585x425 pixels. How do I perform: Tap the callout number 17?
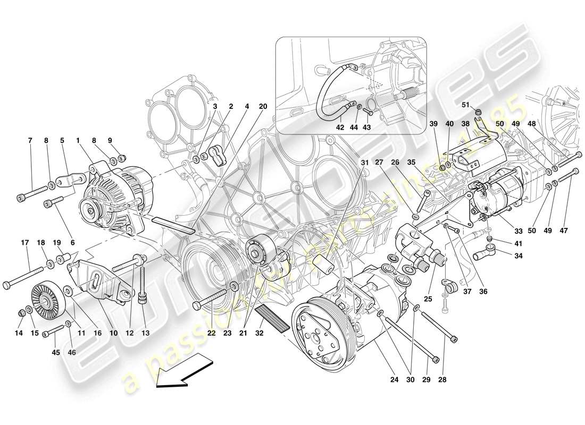(24, 243)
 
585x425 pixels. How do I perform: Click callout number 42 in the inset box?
(341, 127)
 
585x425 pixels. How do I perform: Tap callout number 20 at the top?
(262, 106)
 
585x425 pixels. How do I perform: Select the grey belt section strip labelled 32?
(271, 317)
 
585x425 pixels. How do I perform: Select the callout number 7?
(30, 141)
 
